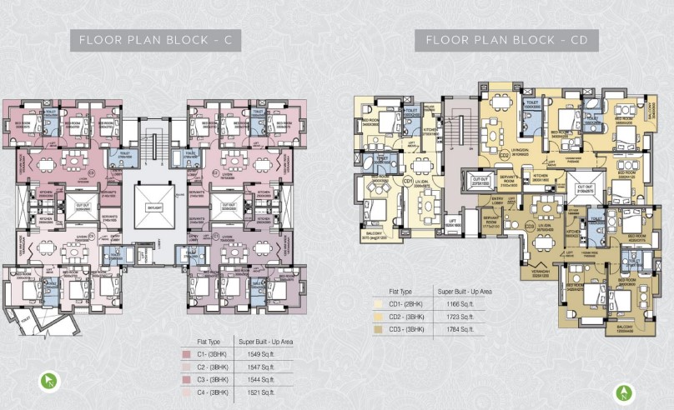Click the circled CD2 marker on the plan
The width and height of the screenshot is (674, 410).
(504, 154)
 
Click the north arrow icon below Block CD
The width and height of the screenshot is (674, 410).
(621, 391)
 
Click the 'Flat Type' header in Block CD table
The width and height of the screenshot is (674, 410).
(401, 292)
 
